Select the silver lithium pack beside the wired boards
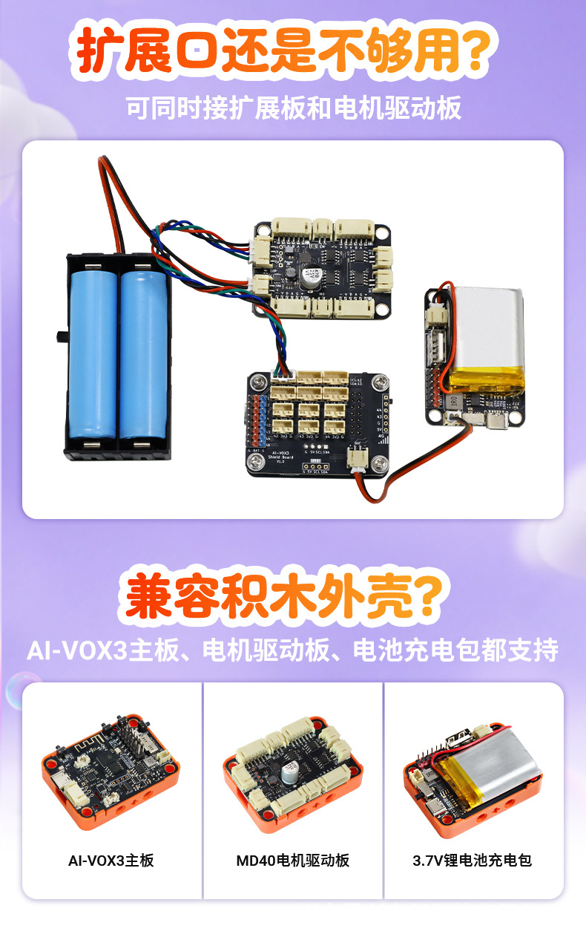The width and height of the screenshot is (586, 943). tap(486, 337)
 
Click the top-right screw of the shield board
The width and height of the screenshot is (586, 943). tap(381, 383)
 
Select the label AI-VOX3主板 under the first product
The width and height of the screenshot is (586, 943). tap(111, 861)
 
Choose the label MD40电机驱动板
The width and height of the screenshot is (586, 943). tap(292, 861)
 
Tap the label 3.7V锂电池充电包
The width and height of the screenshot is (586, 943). tap(472, 861)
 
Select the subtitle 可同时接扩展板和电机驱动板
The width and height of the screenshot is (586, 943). tap(293, 108)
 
